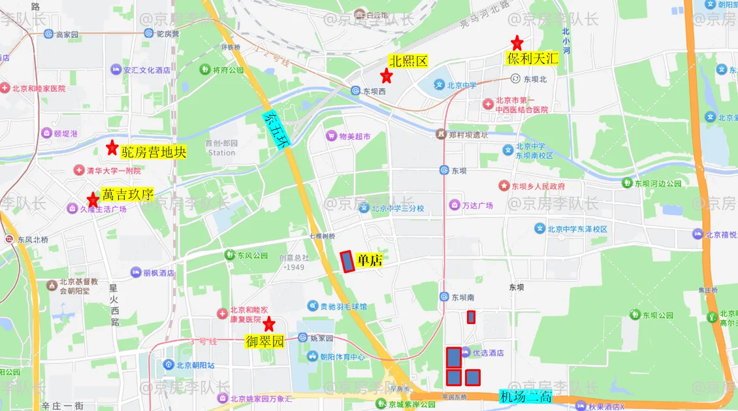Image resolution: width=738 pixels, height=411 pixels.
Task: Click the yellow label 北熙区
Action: tap(408, 61)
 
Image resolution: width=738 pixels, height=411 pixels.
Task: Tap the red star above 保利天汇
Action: tap(517, 43)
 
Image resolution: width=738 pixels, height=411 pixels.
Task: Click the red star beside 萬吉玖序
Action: tap(93, 199)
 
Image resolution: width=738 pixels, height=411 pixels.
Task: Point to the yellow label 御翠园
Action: tap(265, 341)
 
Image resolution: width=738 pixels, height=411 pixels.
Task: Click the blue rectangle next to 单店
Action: tap(347, 261)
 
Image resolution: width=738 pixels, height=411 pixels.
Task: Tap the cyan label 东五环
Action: tap(274, 131)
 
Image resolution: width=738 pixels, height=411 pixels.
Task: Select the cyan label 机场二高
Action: tap(526, 396)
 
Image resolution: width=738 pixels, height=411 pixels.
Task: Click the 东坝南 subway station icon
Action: tap(444, 297)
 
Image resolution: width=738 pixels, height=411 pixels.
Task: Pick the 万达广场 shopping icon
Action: tap(454, 205)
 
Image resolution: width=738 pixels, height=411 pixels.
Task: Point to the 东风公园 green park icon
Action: tap(229, 255)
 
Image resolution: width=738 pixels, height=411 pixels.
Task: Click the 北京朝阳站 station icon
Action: tap(168, 365)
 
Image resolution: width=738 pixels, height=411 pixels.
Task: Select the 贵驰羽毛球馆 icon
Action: tap(313, 306)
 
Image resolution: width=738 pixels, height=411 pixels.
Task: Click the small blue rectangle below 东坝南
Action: tap(471, 317)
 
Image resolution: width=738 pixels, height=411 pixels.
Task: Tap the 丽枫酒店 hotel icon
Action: tap(136, 272)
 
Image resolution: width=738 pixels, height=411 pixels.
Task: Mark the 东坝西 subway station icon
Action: tap(356, 91)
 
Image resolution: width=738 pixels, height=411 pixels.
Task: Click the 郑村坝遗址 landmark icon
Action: tap(441, 135)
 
